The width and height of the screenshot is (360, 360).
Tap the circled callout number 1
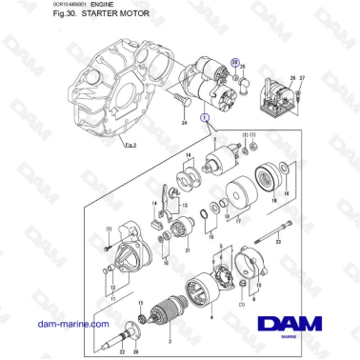204,117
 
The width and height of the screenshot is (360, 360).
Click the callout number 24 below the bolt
184,123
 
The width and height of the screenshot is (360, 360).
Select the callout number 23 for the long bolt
279,244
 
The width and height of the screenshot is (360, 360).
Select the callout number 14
189,155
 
